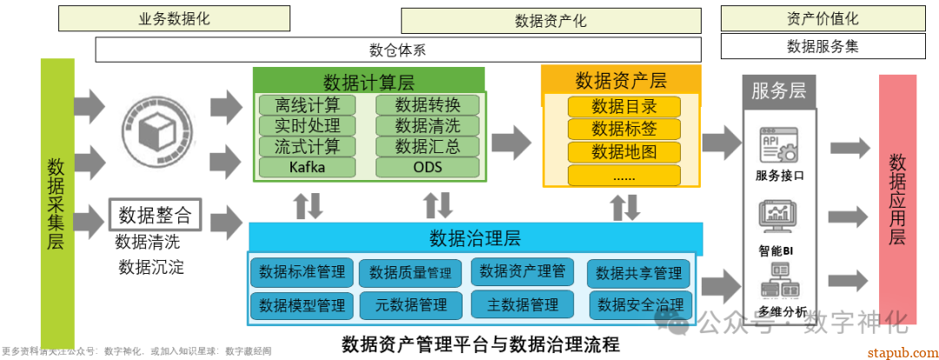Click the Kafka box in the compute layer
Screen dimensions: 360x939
coord(306,167)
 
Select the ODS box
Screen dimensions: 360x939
coord(427,167)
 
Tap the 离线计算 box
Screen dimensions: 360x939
coord(306,105)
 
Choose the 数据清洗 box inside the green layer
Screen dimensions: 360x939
coord(427,126)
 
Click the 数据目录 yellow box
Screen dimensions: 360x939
coord(623,107)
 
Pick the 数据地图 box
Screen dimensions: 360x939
coord(623,152)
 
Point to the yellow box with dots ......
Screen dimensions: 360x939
coord(623,175)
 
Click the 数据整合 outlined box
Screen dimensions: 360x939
coord(155,214)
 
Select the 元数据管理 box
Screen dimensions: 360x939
coord(411,304)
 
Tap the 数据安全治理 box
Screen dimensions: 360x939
coord(639,304)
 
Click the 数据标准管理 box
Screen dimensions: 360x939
coord(303,272)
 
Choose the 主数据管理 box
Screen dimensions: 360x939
coord(522,304)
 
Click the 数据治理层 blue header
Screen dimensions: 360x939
coord(475,238)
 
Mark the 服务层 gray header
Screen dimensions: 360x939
coord(778,91)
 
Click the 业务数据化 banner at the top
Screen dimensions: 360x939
coord(174,17)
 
